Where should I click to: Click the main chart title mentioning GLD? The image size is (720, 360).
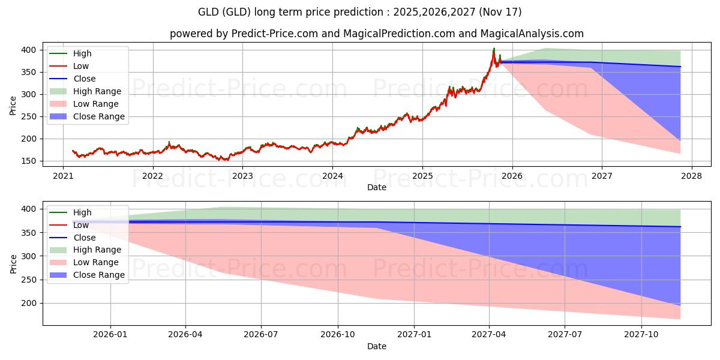point(360,12)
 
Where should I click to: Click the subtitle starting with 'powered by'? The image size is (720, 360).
point(376,34)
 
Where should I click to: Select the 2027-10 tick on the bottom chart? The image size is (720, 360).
point(642,334)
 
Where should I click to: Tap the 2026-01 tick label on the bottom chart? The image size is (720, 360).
point(110,334)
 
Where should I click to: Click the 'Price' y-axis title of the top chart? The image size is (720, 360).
point(13,106)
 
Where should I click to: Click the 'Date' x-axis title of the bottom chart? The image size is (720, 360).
point(377,346)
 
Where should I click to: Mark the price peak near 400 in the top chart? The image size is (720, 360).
point(494,49)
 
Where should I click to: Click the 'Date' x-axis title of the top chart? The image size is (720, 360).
point(377,187)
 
